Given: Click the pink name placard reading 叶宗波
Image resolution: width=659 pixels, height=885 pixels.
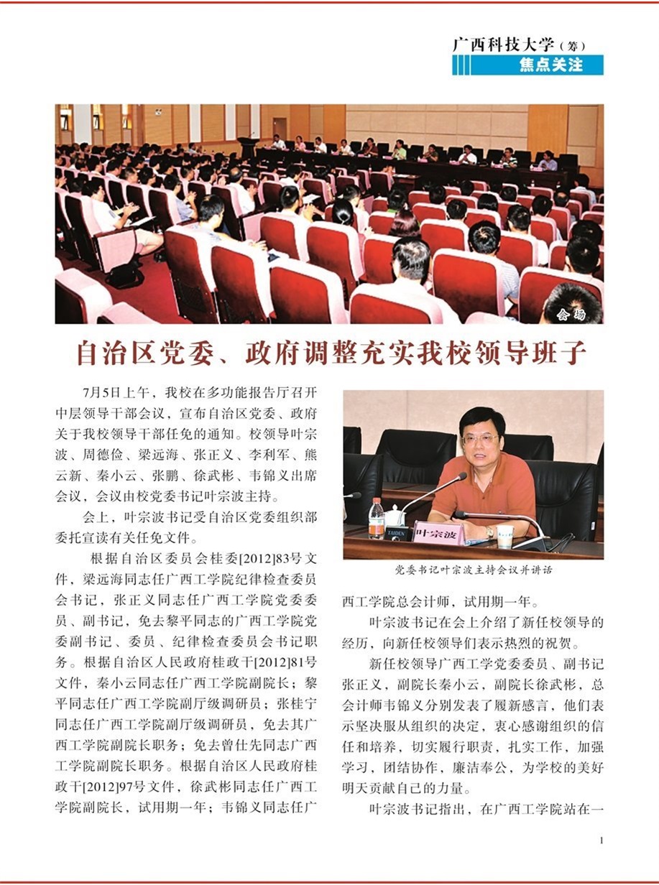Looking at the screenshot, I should (438, 534).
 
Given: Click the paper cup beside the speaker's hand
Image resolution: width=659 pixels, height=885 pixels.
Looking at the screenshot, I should (504, 536).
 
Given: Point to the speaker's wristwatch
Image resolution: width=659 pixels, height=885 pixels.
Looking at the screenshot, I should (490, 532).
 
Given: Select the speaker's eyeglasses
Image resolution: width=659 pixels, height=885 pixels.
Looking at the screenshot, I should (479, 438).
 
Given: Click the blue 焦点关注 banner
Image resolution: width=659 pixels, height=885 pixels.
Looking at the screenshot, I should (527, 65).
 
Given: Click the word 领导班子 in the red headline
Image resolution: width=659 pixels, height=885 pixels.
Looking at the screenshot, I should (536, 354).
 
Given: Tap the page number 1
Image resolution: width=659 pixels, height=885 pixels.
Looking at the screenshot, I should (601, 840).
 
